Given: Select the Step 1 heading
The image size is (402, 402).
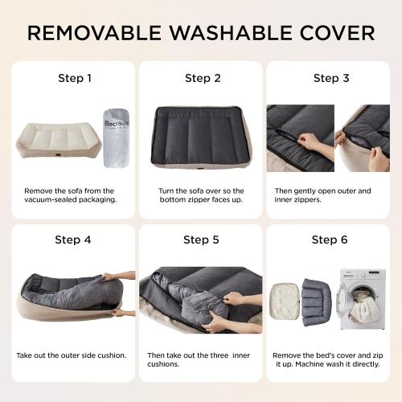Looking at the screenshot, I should (75, 79).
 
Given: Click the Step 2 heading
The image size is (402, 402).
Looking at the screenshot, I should (203, 79).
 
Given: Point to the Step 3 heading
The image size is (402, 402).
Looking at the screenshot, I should (330, 79).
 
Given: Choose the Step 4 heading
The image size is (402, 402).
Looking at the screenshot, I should (73, 240).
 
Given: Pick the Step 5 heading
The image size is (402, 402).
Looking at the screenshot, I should (202, 240).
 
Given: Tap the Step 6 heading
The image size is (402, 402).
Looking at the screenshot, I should (330, 240).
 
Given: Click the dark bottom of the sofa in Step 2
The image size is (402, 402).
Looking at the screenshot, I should (201, 129).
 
